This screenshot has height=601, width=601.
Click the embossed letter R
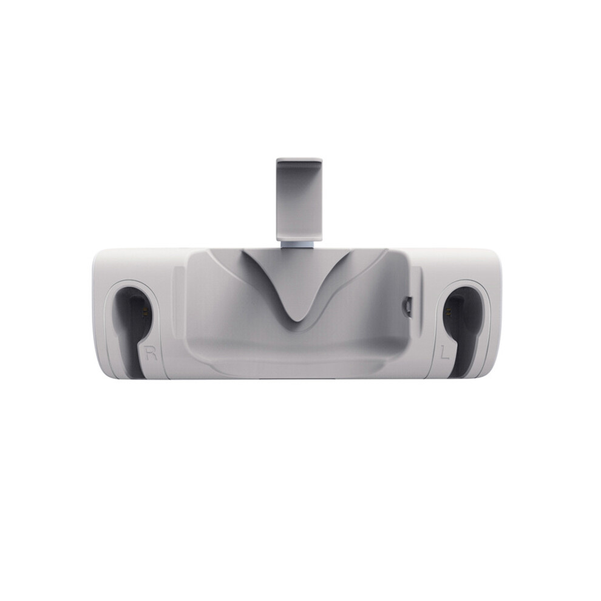[x=151, y=353]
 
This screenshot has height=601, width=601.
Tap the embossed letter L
[x=444, y=352]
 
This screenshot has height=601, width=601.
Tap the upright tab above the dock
[x=299, y=199]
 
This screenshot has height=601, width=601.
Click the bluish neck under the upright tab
[x=299, y=245]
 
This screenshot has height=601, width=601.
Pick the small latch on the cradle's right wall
[x=408, y=305]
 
